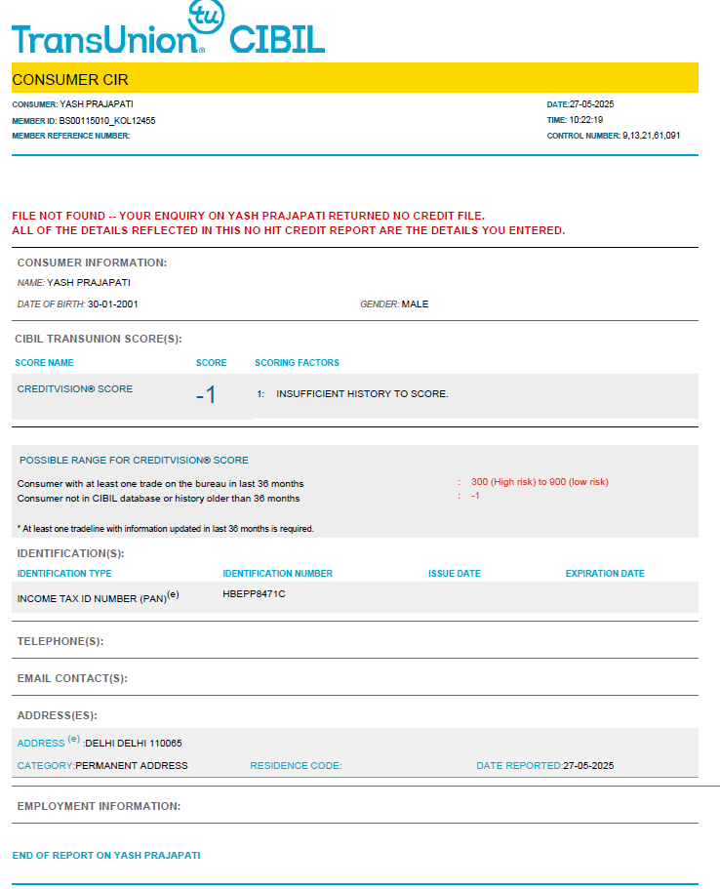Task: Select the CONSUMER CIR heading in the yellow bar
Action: pyautogui.click(x=70, y=79)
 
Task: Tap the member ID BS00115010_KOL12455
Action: pyautogui.click(x=107, y=121)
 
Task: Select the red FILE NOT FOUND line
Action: pyautogui.click(x=249, y=216)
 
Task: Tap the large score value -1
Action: pyautogui.click(x=205, y=395)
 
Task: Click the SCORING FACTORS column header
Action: pyautogui.click(x=297, y=362)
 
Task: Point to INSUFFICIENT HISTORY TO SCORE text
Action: pyautogui.click(x=362, y=394)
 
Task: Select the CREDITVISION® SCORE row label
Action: pyautogui.click(x=75, y=388)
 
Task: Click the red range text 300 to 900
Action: pyautogui.click(x=540, y=482)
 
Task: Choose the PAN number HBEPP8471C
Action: pyautogui.click(x=254, y=593)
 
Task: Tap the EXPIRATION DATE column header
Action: pyautogui.click(x=605, y=574)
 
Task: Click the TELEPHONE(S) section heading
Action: pyautogui.click(x=60, y=641)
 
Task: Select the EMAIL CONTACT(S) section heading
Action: pyautogui.click(x=72, y=678)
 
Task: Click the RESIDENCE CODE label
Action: pyautogui.click(x=296, y=766)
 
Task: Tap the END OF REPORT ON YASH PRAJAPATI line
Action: pyautogui.click(x=106, y=855)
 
